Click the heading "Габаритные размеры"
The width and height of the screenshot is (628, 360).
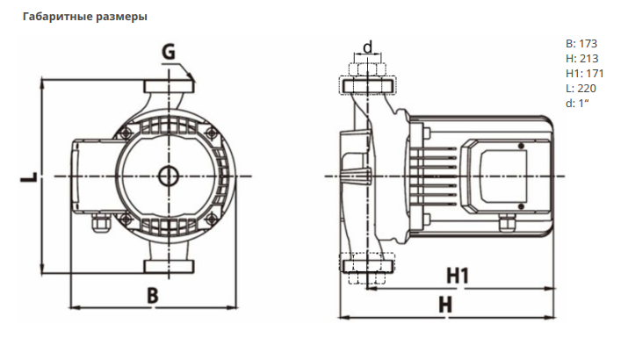pyautogui.click(x=85, y=17)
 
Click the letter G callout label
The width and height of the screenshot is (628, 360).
pyautogui.click(x=169, y=52)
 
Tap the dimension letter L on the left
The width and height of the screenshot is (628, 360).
pyautogui.click(x=29, y=176)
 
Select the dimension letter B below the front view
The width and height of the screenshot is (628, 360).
pyautogui.click(x=153, y=296)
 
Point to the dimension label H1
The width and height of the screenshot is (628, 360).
pyautogui.click(x=458, y=276)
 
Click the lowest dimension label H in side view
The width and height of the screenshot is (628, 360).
pyautogui.click(x=445, y=305)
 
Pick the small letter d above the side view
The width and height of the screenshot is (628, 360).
pyautogui.click(x=368, y=47)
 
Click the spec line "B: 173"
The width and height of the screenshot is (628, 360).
pyautogui.click(x=581, y=43)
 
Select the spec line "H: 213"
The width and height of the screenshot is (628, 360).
pyautogui.click(x=582, y=59)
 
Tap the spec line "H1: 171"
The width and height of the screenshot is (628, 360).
pyautogui.click(x=584, y=73)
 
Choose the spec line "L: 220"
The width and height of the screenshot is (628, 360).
pyautogui.click(x=581, y=88)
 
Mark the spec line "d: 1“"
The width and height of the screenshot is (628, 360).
pyautogui.click(x=577, y=103)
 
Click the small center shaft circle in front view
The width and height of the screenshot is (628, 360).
pyautogui.click(x=169, y=176)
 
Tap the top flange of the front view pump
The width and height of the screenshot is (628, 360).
pyautogui.click(x=169, y=86)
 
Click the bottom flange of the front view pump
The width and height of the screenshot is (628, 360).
pyautogui.click(x=169, y=266)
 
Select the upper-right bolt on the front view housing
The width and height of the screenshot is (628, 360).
pyautogui.click(x=212, y=133)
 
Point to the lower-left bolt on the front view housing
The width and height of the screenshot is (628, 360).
pyautogui.click(x=126, y=219)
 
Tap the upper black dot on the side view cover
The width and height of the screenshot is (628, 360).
pyautogui.click(x=521, y=146)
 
